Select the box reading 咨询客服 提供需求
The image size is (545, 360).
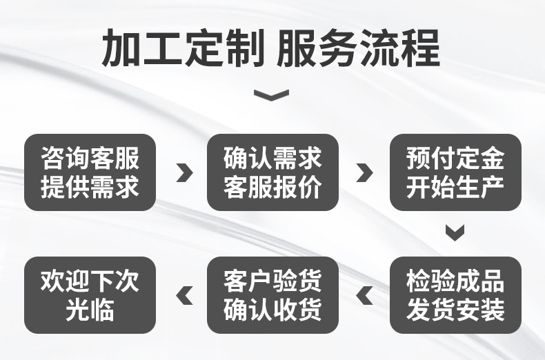(90, 172)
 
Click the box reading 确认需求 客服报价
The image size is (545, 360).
(272, 172)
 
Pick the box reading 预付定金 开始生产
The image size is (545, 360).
(455, 172)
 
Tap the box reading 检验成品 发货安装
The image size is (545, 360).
(455, 295)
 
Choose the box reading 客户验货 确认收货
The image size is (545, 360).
(272, 295)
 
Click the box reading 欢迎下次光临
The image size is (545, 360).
(90, 295)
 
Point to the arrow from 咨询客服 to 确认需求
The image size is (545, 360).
(184, 172)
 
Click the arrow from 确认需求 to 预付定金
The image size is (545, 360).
(365, 172)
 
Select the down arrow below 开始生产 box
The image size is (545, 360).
(455, 232)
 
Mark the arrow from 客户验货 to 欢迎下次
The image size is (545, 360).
(184, 296)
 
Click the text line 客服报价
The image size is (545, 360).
(272, 187)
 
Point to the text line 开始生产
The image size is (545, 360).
(455, 187)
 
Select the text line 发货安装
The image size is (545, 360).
(455, 310)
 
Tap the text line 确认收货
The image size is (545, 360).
(272, 310)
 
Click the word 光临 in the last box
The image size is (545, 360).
(90, 310)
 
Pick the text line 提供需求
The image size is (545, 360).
(90, 187)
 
